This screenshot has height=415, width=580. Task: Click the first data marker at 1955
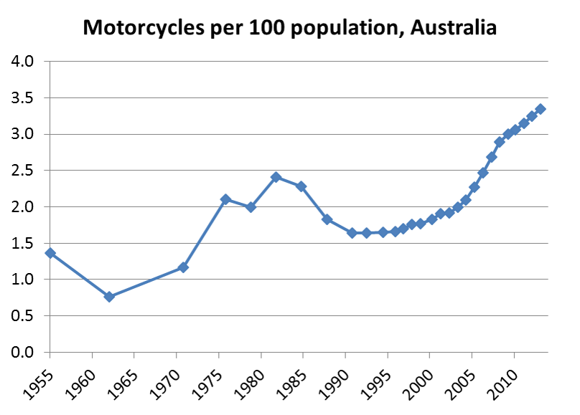click(50, 253)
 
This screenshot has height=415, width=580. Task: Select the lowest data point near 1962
click(109, 297)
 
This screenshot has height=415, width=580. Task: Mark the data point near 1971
click(183, 267)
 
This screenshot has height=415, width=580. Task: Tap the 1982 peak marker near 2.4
click(276, 177)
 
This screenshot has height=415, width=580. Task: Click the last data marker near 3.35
click(540, 109)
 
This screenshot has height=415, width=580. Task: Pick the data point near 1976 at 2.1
click(225, 199)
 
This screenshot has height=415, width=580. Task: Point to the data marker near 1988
click(327, 219)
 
